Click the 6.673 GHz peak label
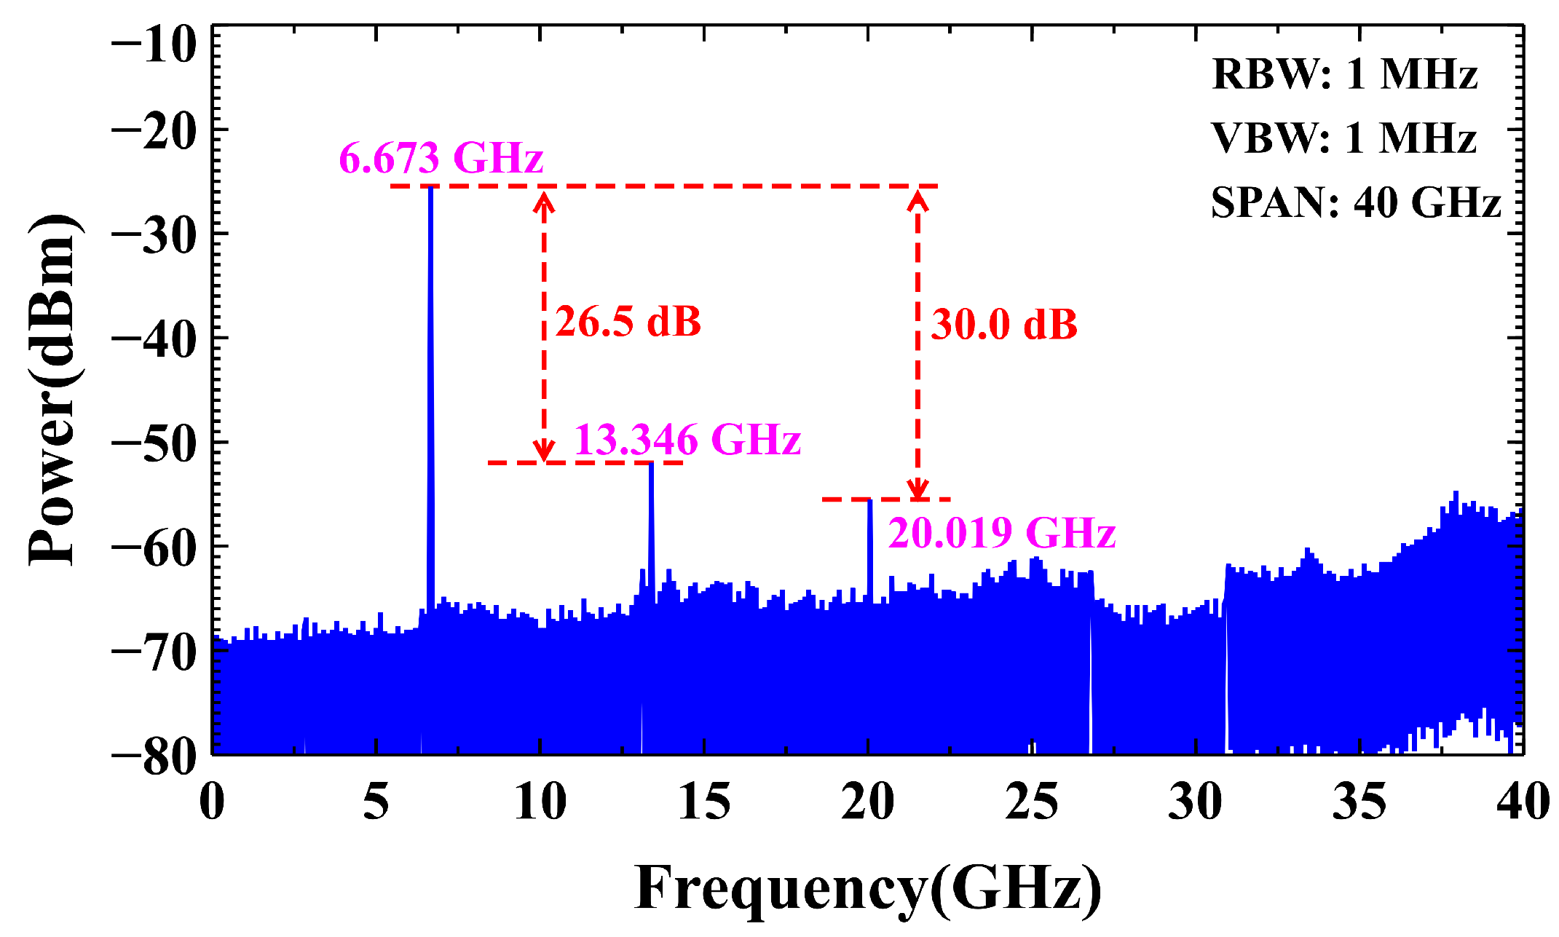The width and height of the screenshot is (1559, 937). coord(441,157)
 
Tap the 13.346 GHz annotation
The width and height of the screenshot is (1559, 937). coord(687,439)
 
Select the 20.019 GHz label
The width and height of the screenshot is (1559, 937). coord(1002,532)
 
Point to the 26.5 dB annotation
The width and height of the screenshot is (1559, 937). coord(628,321)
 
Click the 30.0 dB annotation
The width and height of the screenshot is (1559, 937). coord(1004,324)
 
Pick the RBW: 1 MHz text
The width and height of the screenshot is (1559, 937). coord(1344,74)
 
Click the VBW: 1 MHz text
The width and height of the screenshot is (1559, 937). coord(1344,138)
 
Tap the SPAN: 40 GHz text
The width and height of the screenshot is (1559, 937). coord(1356,202)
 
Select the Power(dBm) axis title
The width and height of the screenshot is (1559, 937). coord(52,390)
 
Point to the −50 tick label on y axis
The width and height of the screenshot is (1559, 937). coord(154,442)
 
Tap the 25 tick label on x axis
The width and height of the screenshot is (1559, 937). coord(1032,802)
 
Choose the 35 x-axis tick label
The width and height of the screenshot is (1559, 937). coord(1359,802)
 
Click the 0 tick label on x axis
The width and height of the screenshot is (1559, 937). coord(212,802)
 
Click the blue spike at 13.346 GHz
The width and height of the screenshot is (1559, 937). coord(651,524)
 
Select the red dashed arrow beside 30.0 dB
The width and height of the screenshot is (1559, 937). coord(917,342)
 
